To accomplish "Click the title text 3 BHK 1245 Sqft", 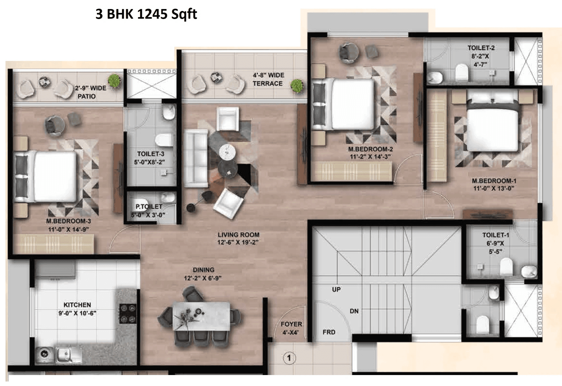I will click(146, 15).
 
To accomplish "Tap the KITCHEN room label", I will click(77, 305).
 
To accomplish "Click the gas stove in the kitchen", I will click(128, 313).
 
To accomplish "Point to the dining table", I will click(201, 316).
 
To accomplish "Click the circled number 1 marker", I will click(289, 358).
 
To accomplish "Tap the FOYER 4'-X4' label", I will click(291, 328).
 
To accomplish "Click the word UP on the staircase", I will click(336, 289).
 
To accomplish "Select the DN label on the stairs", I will click(354, 311).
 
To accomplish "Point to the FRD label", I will click(329, 332).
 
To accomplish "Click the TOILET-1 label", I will click(495, 235).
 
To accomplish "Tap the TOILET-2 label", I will click(481, 48).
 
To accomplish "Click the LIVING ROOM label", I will click(238, 235).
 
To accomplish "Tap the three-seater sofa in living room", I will click(196, 158).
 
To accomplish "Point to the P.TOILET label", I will click(149, 206).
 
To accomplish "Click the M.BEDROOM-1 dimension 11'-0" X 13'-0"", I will click(494, 188).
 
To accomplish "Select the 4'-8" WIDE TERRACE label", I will click(268, 79).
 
